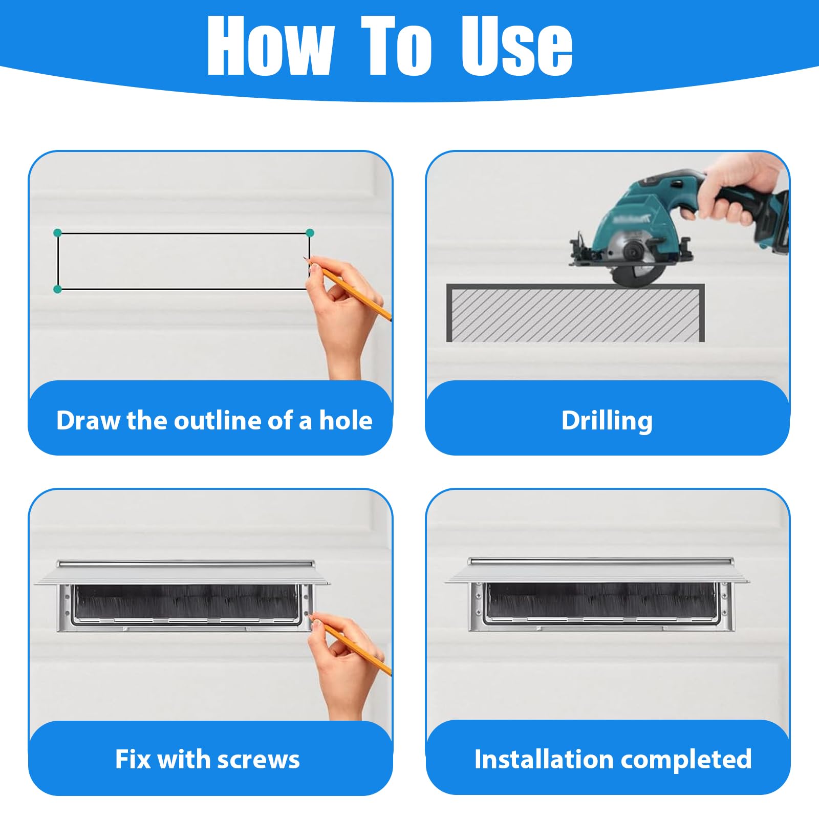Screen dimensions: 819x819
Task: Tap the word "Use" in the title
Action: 516,45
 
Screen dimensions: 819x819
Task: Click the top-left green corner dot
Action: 57,233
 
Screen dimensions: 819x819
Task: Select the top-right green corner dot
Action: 310,233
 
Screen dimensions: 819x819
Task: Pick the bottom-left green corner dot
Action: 57,289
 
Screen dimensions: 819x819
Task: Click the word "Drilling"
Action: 607,421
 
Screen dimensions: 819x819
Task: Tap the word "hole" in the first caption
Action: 346,420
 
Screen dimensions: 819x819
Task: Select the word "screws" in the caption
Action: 258,760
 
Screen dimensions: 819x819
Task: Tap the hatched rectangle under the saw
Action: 575,313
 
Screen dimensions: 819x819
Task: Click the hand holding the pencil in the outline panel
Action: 348,312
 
